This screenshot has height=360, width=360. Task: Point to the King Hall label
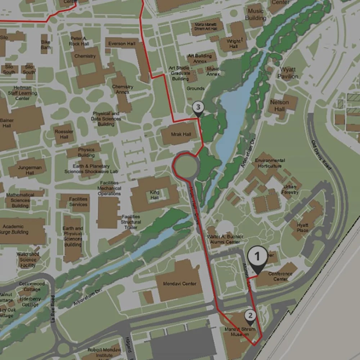[155, 195]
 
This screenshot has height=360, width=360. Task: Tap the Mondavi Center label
[180, 284]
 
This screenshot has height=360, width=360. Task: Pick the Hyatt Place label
[302, 228]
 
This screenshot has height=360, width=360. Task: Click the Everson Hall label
[122, 44]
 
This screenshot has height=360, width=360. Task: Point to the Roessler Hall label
[64, 134]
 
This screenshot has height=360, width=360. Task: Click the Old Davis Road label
[321, 155]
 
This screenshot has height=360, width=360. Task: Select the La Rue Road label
[53, 309]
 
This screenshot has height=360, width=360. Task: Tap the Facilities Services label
[78, 202]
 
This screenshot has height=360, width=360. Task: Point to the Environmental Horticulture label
[270, 163]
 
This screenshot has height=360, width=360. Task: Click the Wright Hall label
[233, 44]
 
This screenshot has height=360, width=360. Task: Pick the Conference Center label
[280, 276]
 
